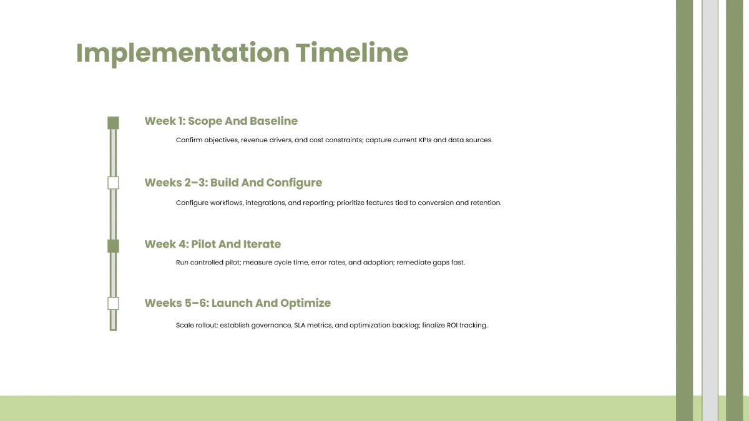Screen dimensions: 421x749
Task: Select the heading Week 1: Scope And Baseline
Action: [x=221, y=121]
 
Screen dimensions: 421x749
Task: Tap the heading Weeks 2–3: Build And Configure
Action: [x=233, y=183]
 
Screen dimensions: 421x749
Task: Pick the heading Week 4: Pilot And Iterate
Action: [x=213, y=244]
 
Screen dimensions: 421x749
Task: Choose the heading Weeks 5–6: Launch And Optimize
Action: [x=238, y=303]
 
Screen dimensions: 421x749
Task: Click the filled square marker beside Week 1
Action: [x=113, y=122]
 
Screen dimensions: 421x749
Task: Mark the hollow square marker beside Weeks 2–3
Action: [x=113, y=183]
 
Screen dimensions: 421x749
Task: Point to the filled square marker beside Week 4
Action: [x=113, y=246]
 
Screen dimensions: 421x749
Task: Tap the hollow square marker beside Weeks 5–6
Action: [x=113, y=304]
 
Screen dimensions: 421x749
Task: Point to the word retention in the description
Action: [x=486, y=203]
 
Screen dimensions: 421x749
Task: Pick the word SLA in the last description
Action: [x=300, y=326]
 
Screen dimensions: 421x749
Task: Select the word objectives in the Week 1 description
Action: [x=220, y=140]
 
